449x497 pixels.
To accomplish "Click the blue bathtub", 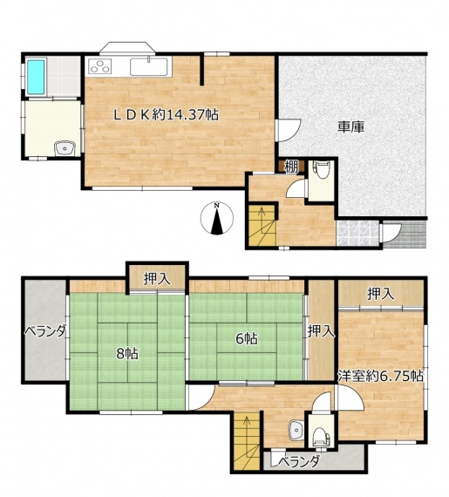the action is click(35, 77).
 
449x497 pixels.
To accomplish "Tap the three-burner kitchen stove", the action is click(101, 66).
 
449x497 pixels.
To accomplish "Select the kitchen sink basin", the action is click(149, 67).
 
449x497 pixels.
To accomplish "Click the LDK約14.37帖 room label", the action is click(167, 115).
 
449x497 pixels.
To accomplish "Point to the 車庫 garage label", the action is click(350, 126).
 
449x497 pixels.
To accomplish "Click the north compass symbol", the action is click(217, 218).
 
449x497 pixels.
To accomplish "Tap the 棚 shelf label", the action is click(291, 167).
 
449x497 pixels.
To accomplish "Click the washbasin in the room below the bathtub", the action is click(65, 148).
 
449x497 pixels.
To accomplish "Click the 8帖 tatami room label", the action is click(127, 353).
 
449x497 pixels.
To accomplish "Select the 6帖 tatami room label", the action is click(246, 339).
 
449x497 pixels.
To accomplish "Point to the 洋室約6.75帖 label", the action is click(380, 376).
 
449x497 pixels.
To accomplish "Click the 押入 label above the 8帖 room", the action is click(158, 279).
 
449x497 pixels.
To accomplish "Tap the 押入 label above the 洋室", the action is click(381, 294).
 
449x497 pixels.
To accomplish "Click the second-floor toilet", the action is click(321, 436).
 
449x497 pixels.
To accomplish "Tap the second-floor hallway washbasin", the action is click(296, 431).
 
